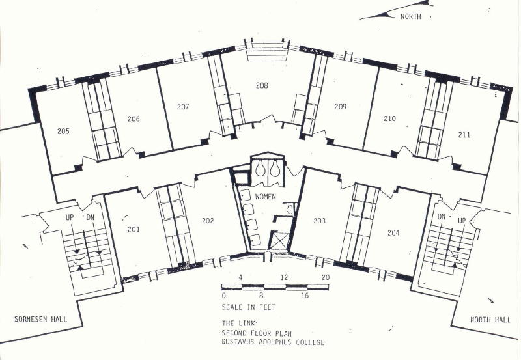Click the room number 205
(x=63, y=132)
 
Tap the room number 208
(x=262, y=85)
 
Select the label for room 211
(x=464, y=135)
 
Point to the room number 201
(x=134, y=229)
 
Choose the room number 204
(x=393, y=233)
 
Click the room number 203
(x=319, y=221)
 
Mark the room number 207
(x=183, y=107)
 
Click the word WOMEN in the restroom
(x=266, y=197)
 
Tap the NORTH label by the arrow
(x=411, y=16)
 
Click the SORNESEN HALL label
(x=40, y=319)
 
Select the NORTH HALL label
(x=490, y=320)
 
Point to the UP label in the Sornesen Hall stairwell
(x=70, y=217)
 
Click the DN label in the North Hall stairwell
(x=442, y=217)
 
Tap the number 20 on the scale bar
(x=326, y=277)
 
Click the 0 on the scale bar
(x=223, y=296)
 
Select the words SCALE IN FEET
(x=249, y=307)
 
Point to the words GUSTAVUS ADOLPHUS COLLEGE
(x=273, y=342)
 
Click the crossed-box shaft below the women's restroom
(x=279, y=241)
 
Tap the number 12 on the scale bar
(x=284, y=277)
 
